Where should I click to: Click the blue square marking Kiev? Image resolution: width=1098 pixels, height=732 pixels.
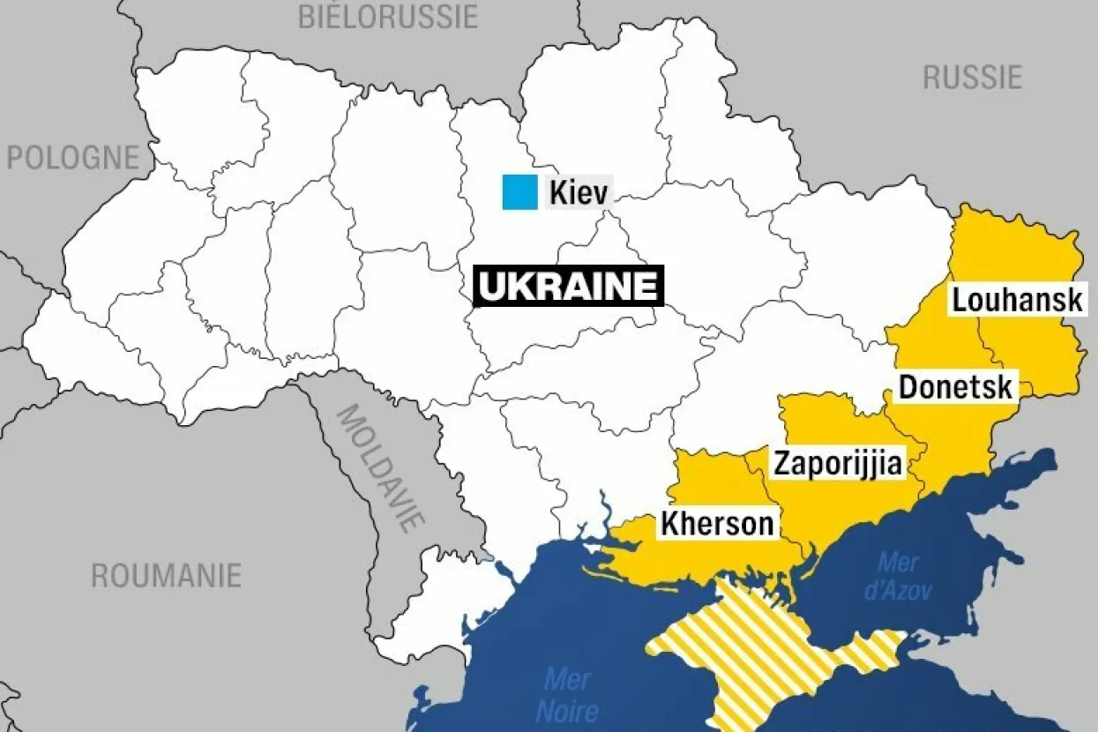tap(519, 192)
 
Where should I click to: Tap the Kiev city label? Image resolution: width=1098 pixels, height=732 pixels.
tap(579, 193)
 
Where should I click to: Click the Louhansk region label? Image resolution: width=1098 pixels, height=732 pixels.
tap(1017, 300)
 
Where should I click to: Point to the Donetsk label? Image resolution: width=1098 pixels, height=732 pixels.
tap(955, 386)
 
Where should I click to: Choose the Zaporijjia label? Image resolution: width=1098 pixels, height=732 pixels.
tap(839, 463)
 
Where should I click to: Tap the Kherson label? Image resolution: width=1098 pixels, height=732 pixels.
tap(717, 524)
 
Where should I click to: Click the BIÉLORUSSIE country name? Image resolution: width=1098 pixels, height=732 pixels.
tap(388, 16)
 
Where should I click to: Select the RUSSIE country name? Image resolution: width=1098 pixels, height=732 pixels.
tap(972, 78)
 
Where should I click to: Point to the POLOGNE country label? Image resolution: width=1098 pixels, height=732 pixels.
tap(73, 158)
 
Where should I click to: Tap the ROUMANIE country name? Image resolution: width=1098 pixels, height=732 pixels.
tap(167, 576)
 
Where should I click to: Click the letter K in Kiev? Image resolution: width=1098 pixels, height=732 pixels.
tap(557, 193)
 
